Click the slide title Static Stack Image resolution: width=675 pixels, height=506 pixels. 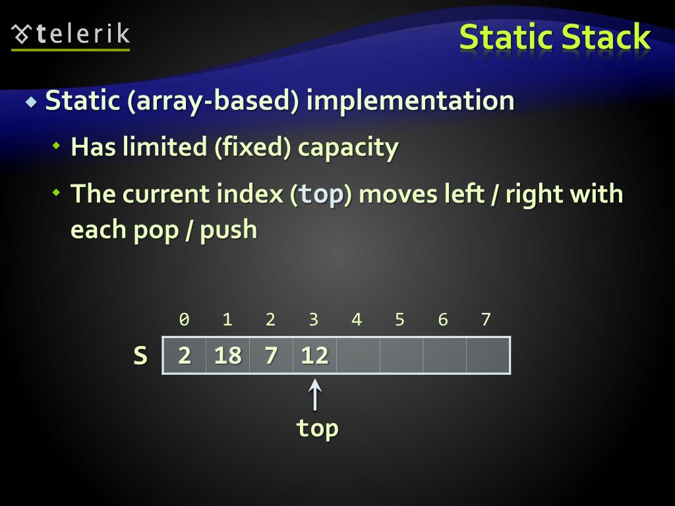[554, 37]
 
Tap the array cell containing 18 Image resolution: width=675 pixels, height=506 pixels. [227, 356]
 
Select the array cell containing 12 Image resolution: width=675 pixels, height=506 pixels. [314, 356]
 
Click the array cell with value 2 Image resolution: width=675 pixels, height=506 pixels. [185, 356]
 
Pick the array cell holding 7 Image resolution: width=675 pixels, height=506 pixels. [271, 356]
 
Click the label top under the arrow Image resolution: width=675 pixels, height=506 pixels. [317, 428]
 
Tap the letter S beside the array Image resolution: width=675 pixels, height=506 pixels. [140, 356]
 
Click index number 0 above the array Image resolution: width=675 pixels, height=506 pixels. [185, 320]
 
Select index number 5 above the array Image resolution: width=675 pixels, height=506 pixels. [399, 320]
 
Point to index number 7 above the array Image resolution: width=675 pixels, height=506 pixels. [486, 320]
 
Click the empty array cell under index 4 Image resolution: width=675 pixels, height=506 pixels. [358, 356]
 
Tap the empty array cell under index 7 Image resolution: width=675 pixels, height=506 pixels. [488, 356]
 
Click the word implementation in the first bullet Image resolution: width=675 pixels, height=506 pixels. [410, 101]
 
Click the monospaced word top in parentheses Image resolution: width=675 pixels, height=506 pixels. [321, 194]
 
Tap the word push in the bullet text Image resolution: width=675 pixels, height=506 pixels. [228, 230]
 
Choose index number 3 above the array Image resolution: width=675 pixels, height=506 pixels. [314, 320]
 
